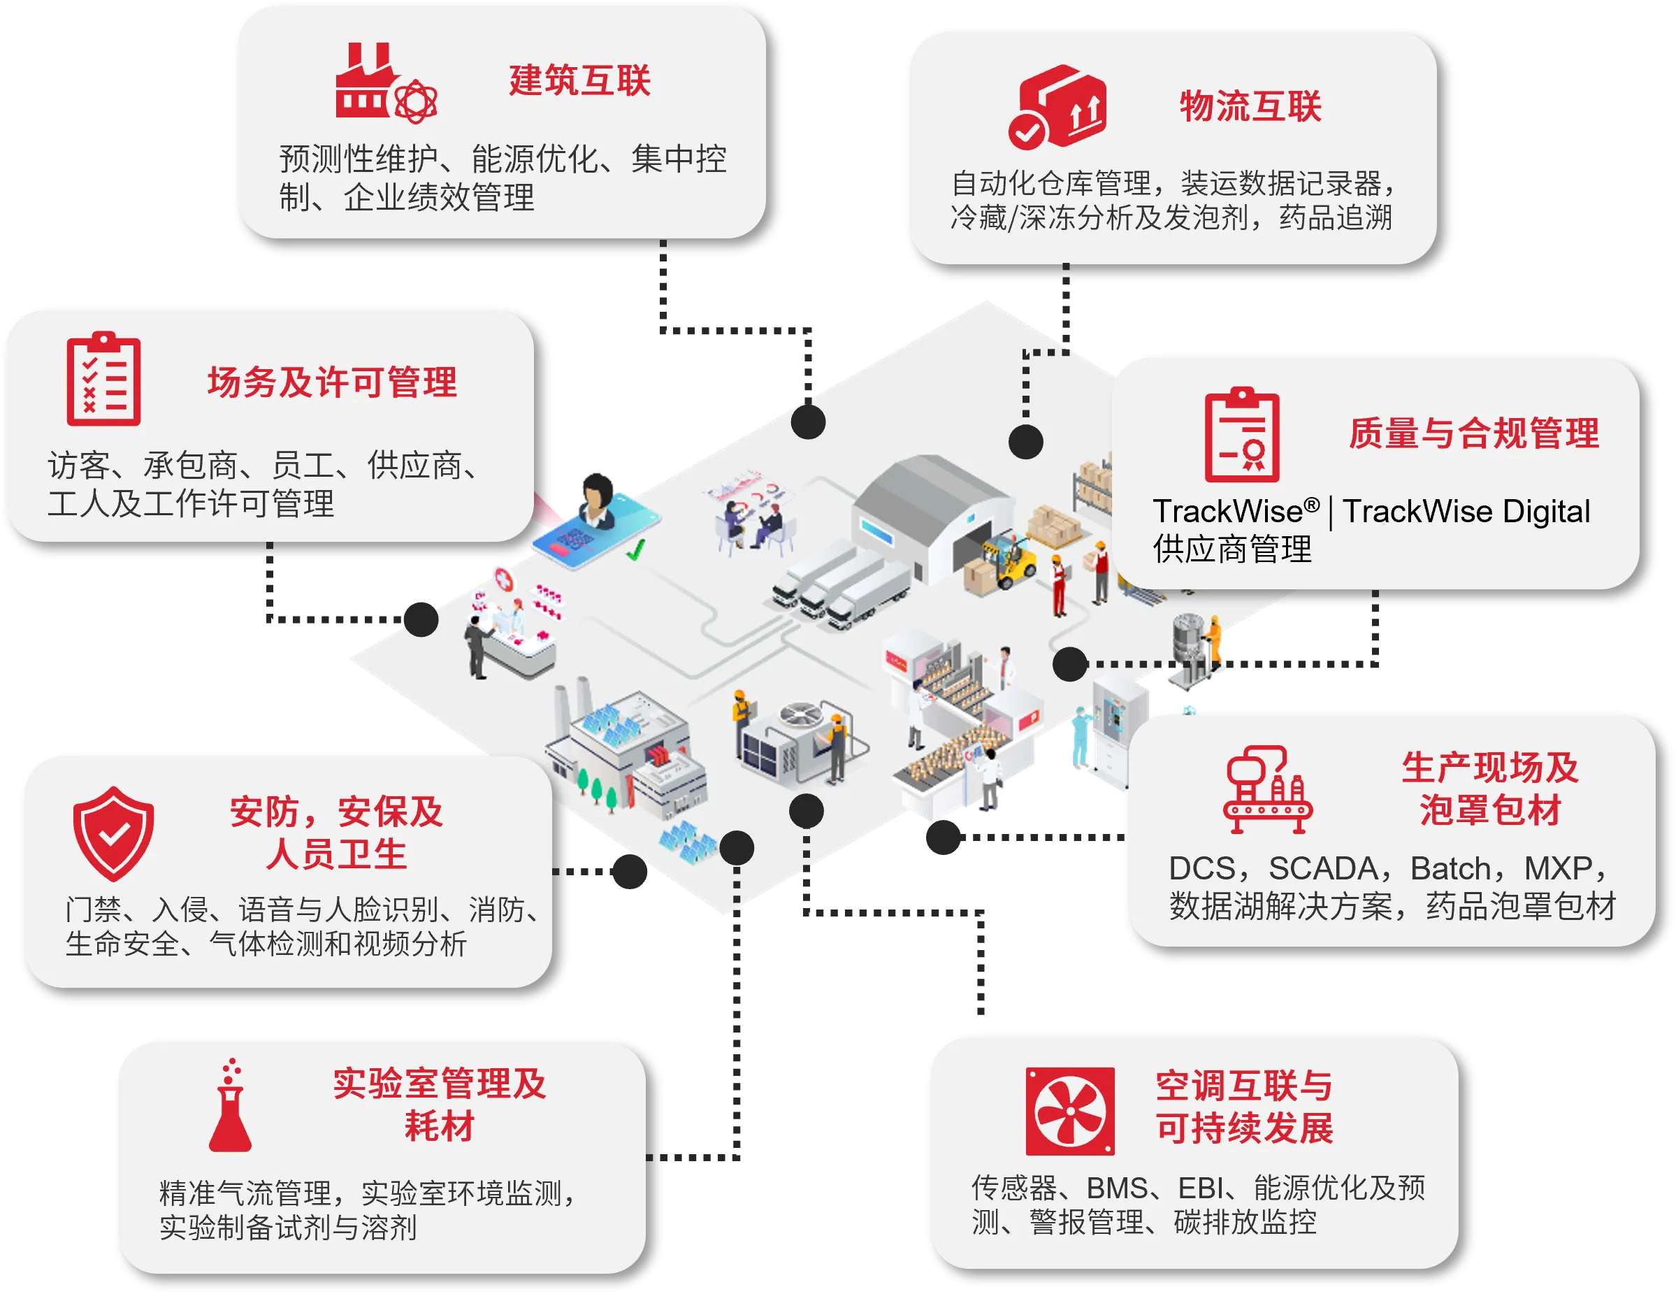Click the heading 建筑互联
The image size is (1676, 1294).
[x=579, y=80]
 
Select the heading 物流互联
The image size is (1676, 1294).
[x=1250, y=106]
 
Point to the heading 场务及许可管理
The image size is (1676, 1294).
[x=332, y=382]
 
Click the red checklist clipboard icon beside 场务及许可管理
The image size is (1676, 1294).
[x=103, y=379]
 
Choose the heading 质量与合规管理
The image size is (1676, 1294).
[x=1473, y=433]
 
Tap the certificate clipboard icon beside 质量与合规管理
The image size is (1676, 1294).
[x=1242, y=436]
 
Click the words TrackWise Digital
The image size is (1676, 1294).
[x=1466, y=512]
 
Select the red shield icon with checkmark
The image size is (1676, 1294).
[x=114, y=833]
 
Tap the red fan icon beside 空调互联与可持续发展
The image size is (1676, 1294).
[x=1070, y=1111]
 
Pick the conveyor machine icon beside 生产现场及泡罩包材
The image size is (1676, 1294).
[x=1267, y=790]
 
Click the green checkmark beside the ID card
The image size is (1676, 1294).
[x=635, y=549]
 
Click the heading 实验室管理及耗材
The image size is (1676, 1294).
[x=439, y=1105]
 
